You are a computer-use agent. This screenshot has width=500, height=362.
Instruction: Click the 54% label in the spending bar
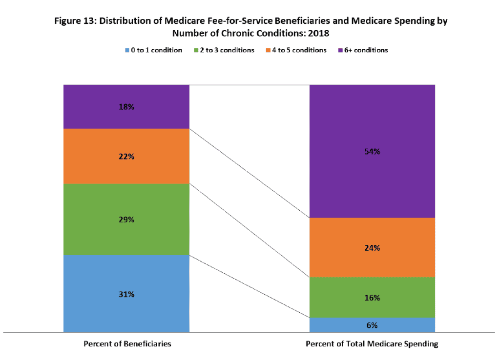pyautogui.click(x=372, y=151)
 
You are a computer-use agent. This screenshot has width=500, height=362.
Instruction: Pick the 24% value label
pyautogui.click(x=372, y=247)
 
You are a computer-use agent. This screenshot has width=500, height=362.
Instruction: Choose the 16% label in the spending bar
pyautogui.click(x=372, y=298)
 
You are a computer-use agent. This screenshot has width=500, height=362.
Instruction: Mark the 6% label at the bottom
pyautogui.click(x=372, y=325)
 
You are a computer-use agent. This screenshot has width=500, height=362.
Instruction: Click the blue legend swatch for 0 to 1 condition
pyautogui.click(x=127, y=50)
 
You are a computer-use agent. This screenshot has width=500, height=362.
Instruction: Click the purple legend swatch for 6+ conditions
pyautogui.click(x=340, y=50)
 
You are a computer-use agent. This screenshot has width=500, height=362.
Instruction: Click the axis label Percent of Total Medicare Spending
pyautogui.click(x=372, y=343)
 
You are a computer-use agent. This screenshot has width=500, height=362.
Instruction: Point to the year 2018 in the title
pyautogui.click(x=318, y=34)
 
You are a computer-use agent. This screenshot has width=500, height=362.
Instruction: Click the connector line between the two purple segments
pyautogui.click(x=249, y=173)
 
